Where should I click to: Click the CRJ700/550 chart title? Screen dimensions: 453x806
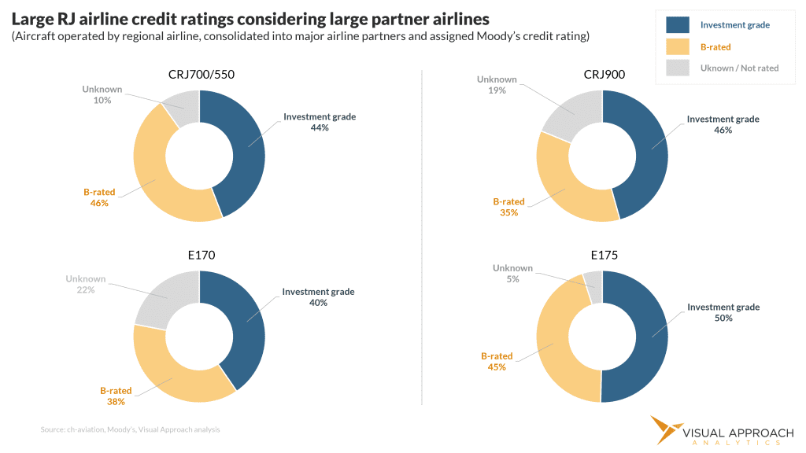click(x=201, y=75)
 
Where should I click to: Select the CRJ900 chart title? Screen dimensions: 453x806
click(x=603, y=75)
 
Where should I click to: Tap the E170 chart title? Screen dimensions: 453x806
click(x=201, y=255)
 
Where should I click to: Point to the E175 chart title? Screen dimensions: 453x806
click(x=603, y=255)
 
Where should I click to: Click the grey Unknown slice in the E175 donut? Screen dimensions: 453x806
click(x=593, y=286)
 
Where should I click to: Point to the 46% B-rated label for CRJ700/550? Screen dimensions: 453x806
click(x=98, y=197)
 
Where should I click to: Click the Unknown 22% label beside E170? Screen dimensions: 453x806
click(x=86, y=284)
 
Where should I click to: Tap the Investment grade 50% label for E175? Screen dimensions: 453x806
click(x=723, y=312)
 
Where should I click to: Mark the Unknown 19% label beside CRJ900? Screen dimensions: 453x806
click(x=497, y=85)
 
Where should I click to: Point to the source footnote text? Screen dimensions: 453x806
click(x=130, y=429)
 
